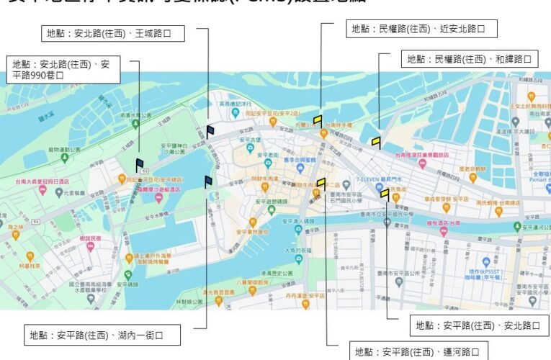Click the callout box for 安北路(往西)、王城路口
pos(112,33)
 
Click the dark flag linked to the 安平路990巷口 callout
pos(139,164)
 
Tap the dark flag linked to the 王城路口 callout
pos(210,130)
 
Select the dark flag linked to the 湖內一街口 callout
pos(208,181)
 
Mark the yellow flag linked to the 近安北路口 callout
pos(318,120)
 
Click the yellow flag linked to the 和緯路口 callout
pos(376,141)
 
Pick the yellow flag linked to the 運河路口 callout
pos(321,183)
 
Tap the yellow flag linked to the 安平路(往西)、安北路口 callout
pos(385,193)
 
